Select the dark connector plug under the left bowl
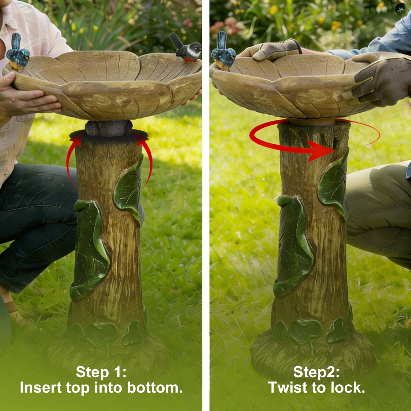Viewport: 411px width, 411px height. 108,128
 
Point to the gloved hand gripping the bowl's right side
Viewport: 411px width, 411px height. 380,80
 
